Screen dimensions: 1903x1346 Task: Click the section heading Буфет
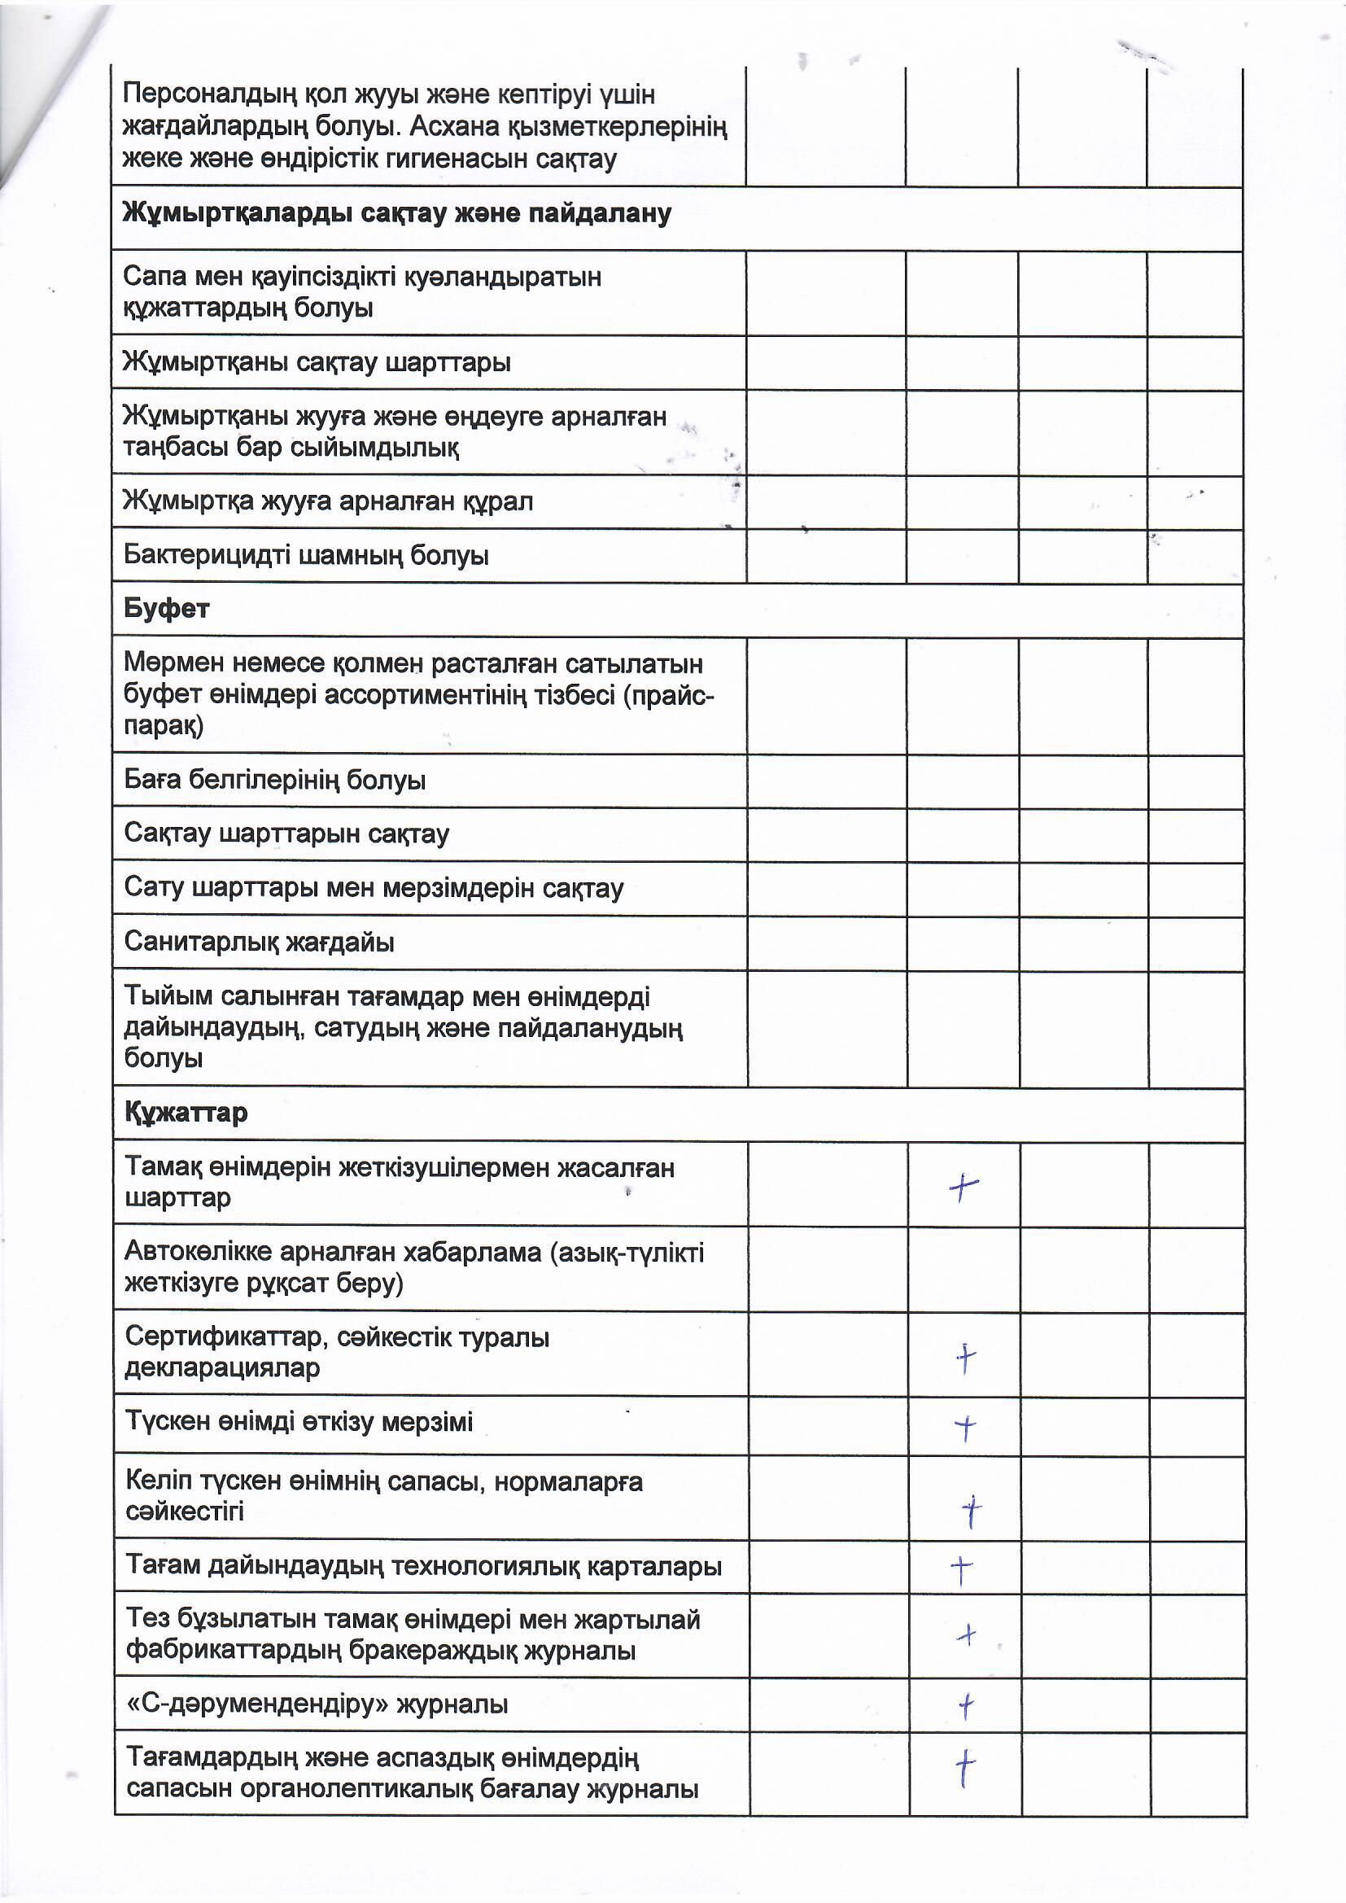pos(166,609)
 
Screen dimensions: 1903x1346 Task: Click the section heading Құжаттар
pos(186,1113)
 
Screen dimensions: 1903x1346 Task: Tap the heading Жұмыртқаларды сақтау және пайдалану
pos(396,214)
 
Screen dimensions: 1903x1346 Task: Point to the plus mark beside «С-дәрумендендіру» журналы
pos(966,1706)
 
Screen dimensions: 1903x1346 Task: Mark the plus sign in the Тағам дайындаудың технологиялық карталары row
pos(960,1568)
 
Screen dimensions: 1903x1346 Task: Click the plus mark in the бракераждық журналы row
pos(966,1635)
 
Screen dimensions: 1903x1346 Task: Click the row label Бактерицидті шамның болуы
pos(306,555)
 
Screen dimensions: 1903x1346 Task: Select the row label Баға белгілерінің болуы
pos(274,780)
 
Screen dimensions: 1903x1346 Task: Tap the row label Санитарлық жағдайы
pos(259,943)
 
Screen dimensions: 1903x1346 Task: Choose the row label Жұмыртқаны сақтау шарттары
pos(317,362)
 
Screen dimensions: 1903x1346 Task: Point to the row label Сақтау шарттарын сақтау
pos(286,833)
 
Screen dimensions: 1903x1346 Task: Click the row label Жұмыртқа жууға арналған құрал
pos(327,501)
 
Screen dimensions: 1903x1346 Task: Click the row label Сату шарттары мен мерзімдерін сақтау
pos(373,888)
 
